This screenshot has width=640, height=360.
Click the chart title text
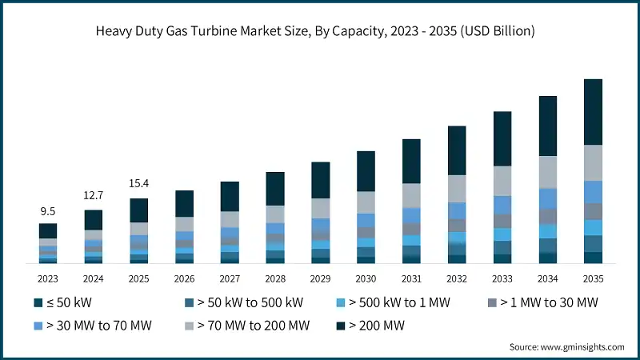pos(320,31)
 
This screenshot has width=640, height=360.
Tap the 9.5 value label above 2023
pos(48,212)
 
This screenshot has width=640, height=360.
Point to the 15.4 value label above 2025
pos(139,184)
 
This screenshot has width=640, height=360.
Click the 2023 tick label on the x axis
pos(48,278)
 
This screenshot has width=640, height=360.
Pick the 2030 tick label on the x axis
pos(366,278)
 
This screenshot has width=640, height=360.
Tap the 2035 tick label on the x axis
pos(593,278)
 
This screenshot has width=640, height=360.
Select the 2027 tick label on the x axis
pos(230,278)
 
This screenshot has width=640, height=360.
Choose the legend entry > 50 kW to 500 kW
pos(243,303)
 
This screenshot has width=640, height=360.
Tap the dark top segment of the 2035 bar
pos(593,111)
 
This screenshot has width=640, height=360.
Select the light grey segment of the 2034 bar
pos(547,171)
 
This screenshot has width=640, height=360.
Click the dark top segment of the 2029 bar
pos(320,179)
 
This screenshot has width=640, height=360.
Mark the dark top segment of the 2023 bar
pos(48,230)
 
